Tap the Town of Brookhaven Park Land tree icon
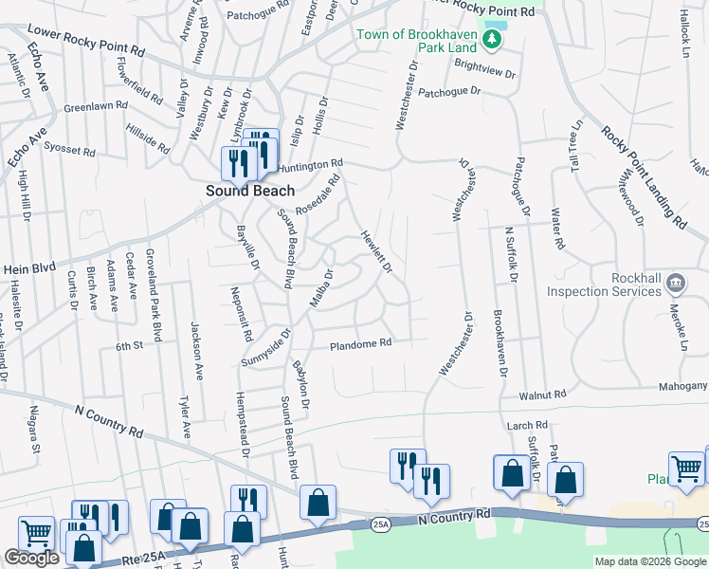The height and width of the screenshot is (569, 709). (491, 38)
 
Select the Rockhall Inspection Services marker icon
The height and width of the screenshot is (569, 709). (675, 282)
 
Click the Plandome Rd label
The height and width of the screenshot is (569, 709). (360, 345)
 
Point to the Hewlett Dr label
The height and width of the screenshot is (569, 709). (375, 251)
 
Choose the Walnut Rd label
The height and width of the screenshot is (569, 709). (541, 394)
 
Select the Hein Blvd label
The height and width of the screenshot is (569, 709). (30, 269)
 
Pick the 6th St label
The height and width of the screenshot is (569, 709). (129, 347)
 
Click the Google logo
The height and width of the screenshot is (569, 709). (32, 558)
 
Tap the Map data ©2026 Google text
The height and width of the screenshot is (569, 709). (651, 561)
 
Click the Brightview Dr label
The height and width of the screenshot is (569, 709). (484, 68)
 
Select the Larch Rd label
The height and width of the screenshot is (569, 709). (528, 426)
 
